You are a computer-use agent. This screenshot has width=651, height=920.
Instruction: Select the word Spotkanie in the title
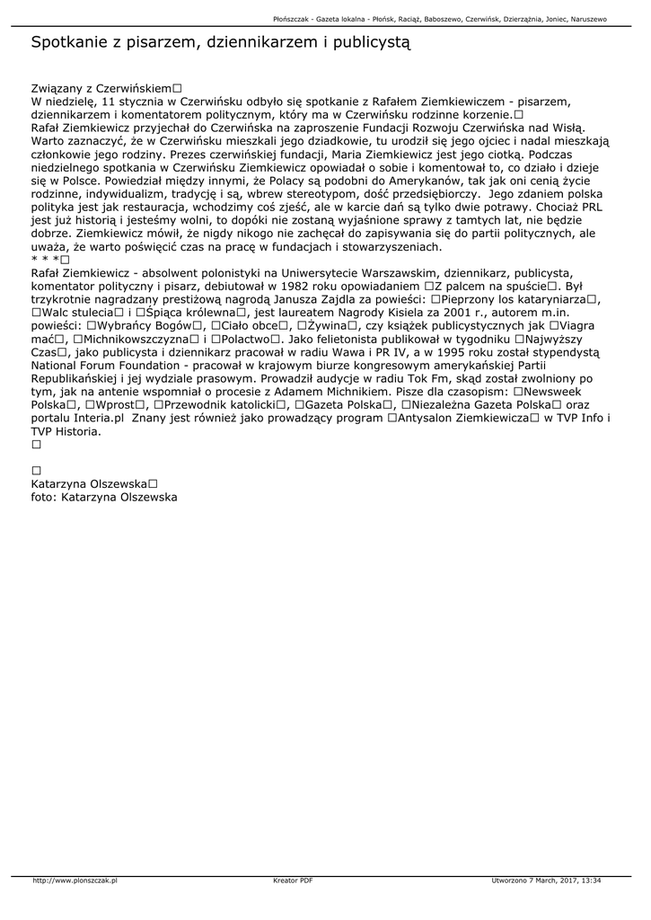pos(69,41)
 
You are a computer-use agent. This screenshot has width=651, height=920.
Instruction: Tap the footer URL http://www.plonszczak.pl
pos(75,880)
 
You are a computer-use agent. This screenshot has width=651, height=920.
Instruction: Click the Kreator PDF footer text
pos(293,880)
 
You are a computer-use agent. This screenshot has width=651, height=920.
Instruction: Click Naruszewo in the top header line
pos(585,19)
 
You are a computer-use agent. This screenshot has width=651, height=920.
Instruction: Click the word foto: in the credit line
pos(45,497)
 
